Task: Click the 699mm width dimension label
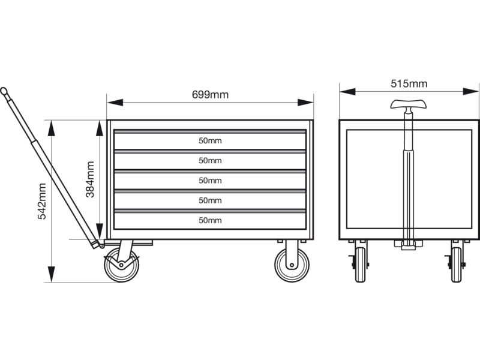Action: click(x=210, y=95)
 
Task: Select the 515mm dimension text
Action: click(x=409, y=83)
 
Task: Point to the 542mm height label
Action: click(x=41, y=201)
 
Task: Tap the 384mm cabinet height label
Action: click(x=90, y=179)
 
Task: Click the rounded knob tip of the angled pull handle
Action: click(x=4, y=91)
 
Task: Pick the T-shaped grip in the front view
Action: click(x=409, y=104)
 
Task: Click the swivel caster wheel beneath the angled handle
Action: click(x=122, y=265)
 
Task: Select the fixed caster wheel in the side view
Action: click(x=292, y=265)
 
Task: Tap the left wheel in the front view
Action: click(x=361, y=265)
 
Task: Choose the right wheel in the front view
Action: click(x=457, y=265)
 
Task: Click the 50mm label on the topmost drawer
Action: click(x=210, y=141)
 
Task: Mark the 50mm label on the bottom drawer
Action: click(x=210, y=220)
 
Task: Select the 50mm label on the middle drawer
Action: click(x=210, y=181)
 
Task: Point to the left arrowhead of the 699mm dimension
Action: click(x=115, y=102)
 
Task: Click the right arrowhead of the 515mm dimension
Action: click(x=470, y=91)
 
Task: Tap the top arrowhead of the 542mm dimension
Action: click(x=52, y=128)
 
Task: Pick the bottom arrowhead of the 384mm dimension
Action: click(x=100, y=232)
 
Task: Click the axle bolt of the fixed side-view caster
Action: click(x=292, y=265)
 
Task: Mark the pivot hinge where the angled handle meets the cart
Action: click(x=101, y=245)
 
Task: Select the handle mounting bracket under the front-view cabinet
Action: click(x=409, y=245)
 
